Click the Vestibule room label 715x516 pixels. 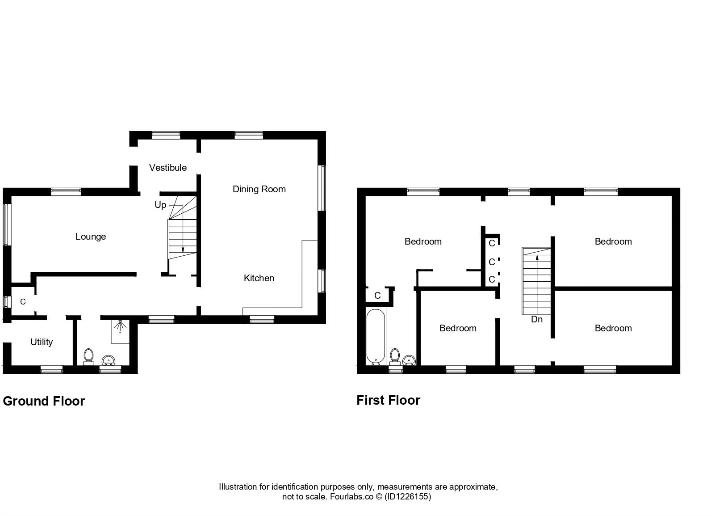[168, 168]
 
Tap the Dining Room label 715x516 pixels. [259, 189]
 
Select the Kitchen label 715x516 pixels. [259, 278]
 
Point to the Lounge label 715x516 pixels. [91, 237]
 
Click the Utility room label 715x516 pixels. [42, 342]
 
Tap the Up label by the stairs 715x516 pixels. [160, 205]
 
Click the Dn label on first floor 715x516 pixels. [537, 319]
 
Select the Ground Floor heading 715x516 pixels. [44, 401]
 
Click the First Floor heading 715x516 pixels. [388, 400]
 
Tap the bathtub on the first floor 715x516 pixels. [376, 336]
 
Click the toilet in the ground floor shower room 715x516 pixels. [88, 356]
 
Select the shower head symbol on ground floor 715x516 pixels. [120, 326]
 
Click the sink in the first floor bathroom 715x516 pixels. [409, 360]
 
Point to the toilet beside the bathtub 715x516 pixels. [394, 356]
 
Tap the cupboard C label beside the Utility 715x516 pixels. [23, 302]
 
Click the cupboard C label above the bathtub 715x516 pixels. [377, 296]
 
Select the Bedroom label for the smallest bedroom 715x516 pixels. [458, 328]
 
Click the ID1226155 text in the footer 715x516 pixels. [408, 496]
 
